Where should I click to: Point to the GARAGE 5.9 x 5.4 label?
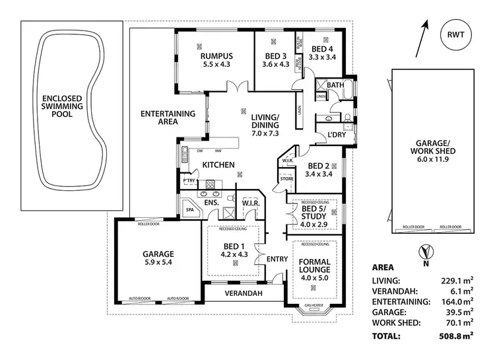[158, 258]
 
